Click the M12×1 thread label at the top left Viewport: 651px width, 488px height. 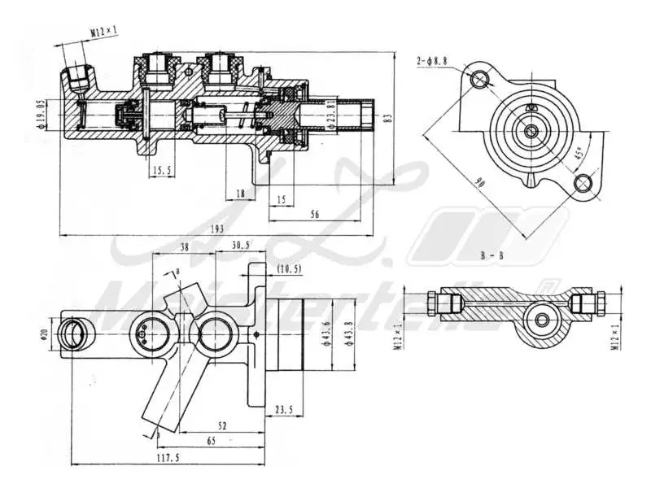point(103,32)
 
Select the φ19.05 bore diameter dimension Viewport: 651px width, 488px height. point(39,114)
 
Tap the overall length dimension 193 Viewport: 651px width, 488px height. point(217,229)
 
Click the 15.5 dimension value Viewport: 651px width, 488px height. point(161,170)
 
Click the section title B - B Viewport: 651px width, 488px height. point(492,255)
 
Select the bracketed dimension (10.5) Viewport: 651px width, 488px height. point(288,268)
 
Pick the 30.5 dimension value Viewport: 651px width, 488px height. point(241,244)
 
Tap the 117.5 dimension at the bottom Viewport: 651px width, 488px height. point(168,459)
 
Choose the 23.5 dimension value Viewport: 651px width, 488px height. point(284,409)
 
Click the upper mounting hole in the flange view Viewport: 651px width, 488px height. point(481,78)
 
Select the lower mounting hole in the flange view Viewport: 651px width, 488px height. point(583,183)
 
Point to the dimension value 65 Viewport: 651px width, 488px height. point(212,440)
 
